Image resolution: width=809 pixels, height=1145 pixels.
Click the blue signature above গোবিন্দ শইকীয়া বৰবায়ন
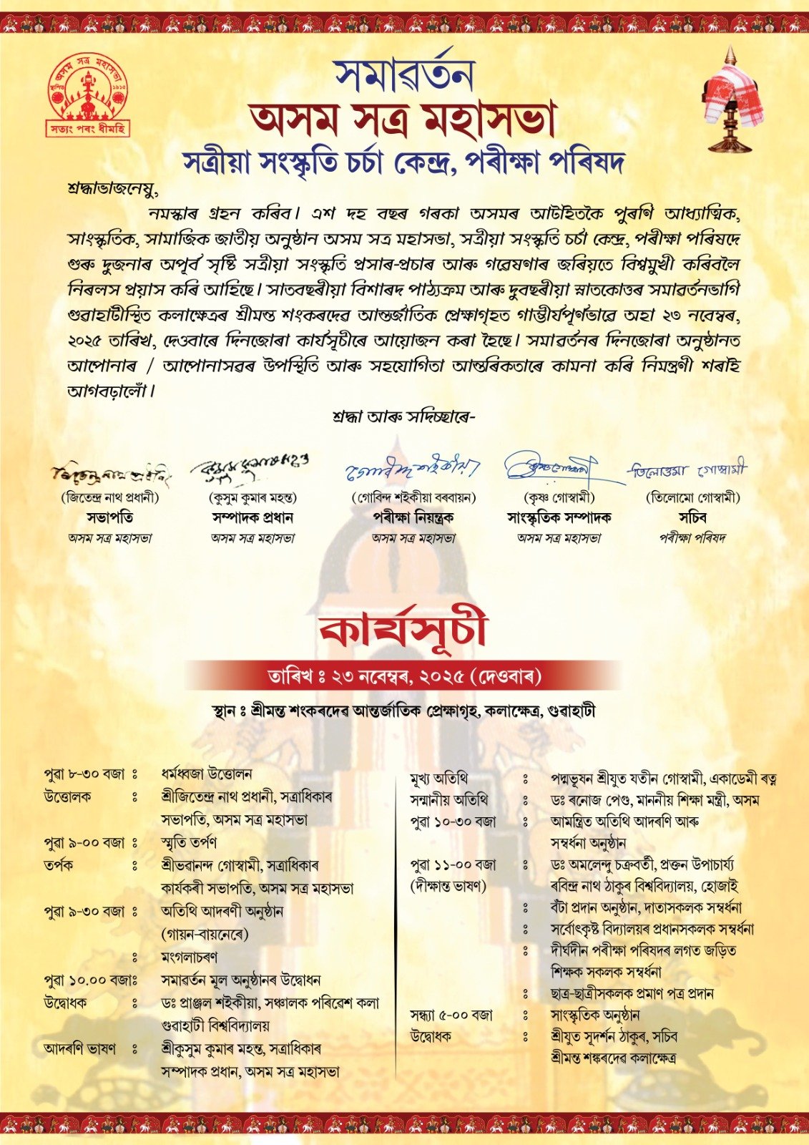click(413, 469)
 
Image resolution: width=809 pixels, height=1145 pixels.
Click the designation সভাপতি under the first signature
click(110, 517)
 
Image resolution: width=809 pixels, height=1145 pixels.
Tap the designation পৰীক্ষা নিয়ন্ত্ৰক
click(413, 517)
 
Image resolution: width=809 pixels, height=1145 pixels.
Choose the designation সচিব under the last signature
click(692, 517)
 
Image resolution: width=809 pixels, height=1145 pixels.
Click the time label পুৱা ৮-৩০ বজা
click(84, 774)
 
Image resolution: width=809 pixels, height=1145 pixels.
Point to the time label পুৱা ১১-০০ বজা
click(453, 864)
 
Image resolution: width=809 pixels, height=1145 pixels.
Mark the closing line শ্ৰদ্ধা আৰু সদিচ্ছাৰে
click(404, 416)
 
